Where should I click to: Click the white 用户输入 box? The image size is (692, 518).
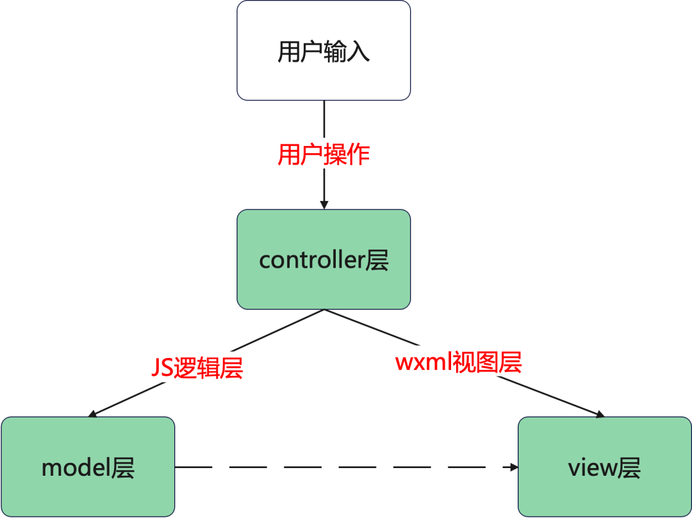point(324,50)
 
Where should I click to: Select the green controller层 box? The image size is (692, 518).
point(324,259)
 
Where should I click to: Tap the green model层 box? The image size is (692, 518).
point(88,467)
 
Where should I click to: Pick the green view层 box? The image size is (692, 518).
point(605,467)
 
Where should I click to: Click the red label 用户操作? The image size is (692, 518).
point(324,155)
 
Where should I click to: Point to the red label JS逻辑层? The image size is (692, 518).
point(197,368)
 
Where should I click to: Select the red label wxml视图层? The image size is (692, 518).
point(459,362)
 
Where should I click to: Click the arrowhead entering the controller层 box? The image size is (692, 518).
point(324,205)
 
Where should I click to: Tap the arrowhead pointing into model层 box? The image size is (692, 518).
point(92,414)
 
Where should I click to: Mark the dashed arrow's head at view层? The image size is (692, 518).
point(514,467)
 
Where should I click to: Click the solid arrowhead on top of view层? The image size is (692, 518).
point(600,414)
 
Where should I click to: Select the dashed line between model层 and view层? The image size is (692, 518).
point(347,467)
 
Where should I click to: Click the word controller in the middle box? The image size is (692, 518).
point(311,261)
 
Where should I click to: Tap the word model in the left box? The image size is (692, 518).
point(76,468)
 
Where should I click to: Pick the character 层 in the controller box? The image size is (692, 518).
point(377,260)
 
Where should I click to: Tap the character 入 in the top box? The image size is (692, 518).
point(358,52)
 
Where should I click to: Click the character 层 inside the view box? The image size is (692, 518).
point(629,468)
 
